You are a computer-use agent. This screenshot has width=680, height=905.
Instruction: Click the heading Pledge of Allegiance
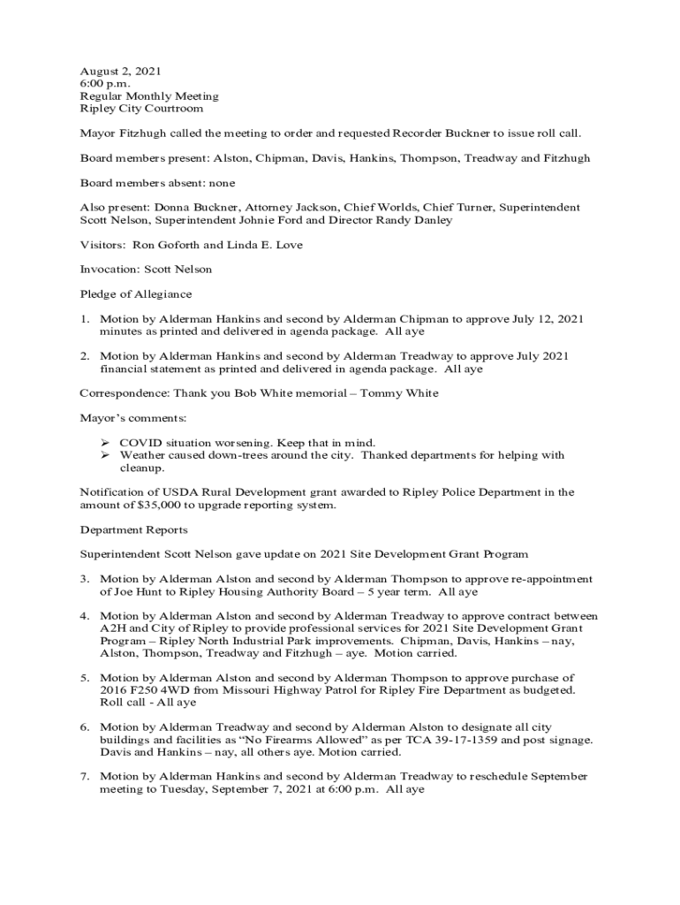coord(135,293)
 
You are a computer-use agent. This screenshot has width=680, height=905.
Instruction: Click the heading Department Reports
coord(133,530)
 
